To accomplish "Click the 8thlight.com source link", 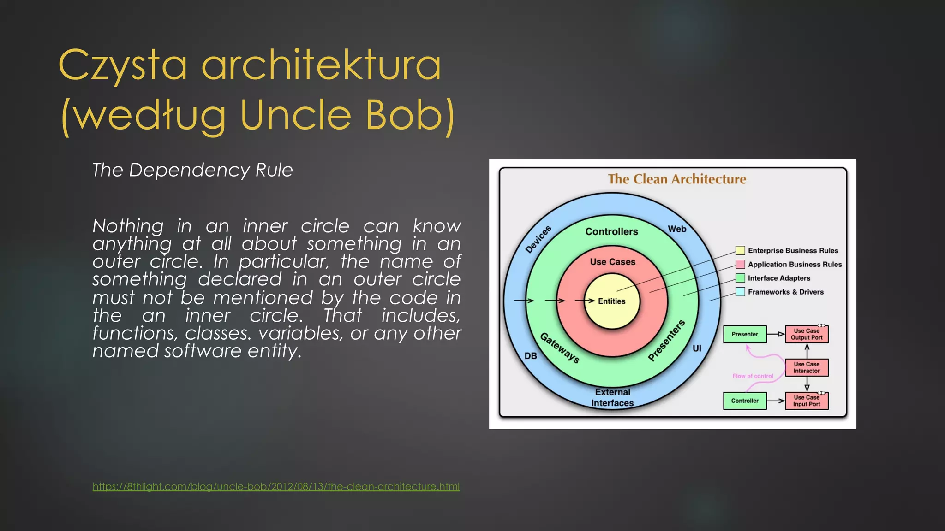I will (x=276, y=486).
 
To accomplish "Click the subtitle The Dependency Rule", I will (x=192, y=170).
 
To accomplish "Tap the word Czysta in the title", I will (x=123, y=65).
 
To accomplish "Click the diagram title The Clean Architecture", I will (x=677, y=179).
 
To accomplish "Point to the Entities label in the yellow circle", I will (x=611, y=301).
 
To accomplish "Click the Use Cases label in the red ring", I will (x=612, y=262).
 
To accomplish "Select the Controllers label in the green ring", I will (x=611, y=231).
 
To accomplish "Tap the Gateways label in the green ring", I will (x=560, y=348).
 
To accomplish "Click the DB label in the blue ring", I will (x=531, y=356).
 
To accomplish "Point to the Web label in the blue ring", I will (x=677, y=229).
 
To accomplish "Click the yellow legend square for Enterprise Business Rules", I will (x=740, y=250).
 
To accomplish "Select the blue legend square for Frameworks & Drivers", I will (x=740, y=292).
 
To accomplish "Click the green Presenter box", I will (x=745, y=334).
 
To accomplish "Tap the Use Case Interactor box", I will (x=807, y=367).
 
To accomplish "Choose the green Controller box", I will (x=745, y=401).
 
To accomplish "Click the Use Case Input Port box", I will (x=807, y=401).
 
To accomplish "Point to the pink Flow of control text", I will (x=753, y=376).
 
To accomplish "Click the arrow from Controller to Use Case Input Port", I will (x=776, y=401).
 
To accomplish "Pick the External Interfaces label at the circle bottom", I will (x=612, y=397).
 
